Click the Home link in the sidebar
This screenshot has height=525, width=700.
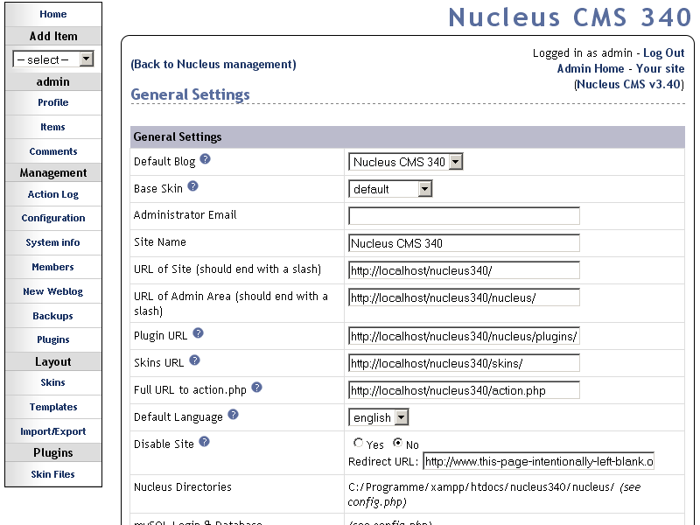pyautogui.click(x=52, y=14)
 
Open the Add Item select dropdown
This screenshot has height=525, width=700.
pyautogui.click(x=52, y=59)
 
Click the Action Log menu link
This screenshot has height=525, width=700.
pyautogui.click(x=52, y=194)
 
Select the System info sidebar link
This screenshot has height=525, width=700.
pyautogui.click(x=52, y=242)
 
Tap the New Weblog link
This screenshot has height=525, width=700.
pyautogui.click(x=52, y=291)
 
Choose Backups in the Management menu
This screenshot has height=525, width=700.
pyautogui.click(x=52, y=316)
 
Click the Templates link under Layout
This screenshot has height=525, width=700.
pyautogui.click(x=52, y=407)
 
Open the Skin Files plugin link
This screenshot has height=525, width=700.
pyautogui.click(x=52, y=474)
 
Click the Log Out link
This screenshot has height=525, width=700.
pyautogui.click(x=663, y=53)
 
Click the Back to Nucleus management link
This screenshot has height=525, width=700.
pyautogui.click(x=213, y=65)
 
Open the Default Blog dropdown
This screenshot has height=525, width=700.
pyautogui.click(x=406, y=162)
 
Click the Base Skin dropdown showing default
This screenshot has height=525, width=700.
pyautogui.click(x=390, y=189)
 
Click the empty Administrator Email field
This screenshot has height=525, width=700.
pyautogui.click(x=464, y=216)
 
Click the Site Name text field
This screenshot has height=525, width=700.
pyautogui.click(x=464, y=243)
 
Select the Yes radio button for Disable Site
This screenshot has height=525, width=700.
pyautogui.click(x=358, y=444)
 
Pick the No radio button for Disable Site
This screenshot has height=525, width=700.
pyautogui.click(x=397, y=444)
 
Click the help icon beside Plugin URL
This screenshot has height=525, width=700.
pyautogui.click(x=198, y=333)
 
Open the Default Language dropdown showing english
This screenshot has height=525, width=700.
pyautogui.click(x=379, y=418)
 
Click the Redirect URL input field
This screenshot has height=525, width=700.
pyautogui.click(x=538, y=462)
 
